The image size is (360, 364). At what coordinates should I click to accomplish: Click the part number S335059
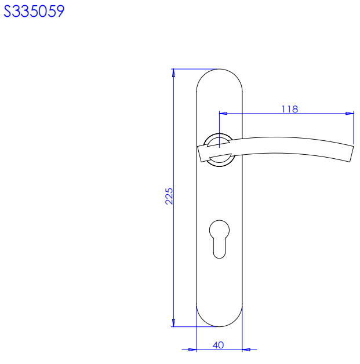pyautogui.click(x=34, y=11)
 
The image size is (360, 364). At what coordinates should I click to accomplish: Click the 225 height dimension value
pyautogui.click(x=169, y=196)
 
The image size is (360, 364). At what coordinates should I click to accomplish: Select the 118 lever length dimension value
pyautogui.click(x=290, y=109)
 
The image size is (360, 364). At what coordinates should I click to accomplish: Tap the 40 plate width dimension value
pyautogui.click(x=218, y=345)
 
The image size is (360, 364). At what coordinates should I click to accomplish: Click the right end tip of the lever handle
pyautogui.click(x=351, y=154)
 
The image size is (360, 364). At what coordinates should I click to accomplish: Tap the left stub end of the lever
pyautogui.click(x=199, y=154)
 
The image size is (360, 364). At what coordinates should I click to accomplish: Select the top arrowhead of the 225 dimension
pyautogui.click(x=173, y=73)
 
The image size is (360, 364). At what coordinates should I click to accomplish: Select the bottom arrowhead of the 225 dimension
pyautogui.click(x=173, y=323)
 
